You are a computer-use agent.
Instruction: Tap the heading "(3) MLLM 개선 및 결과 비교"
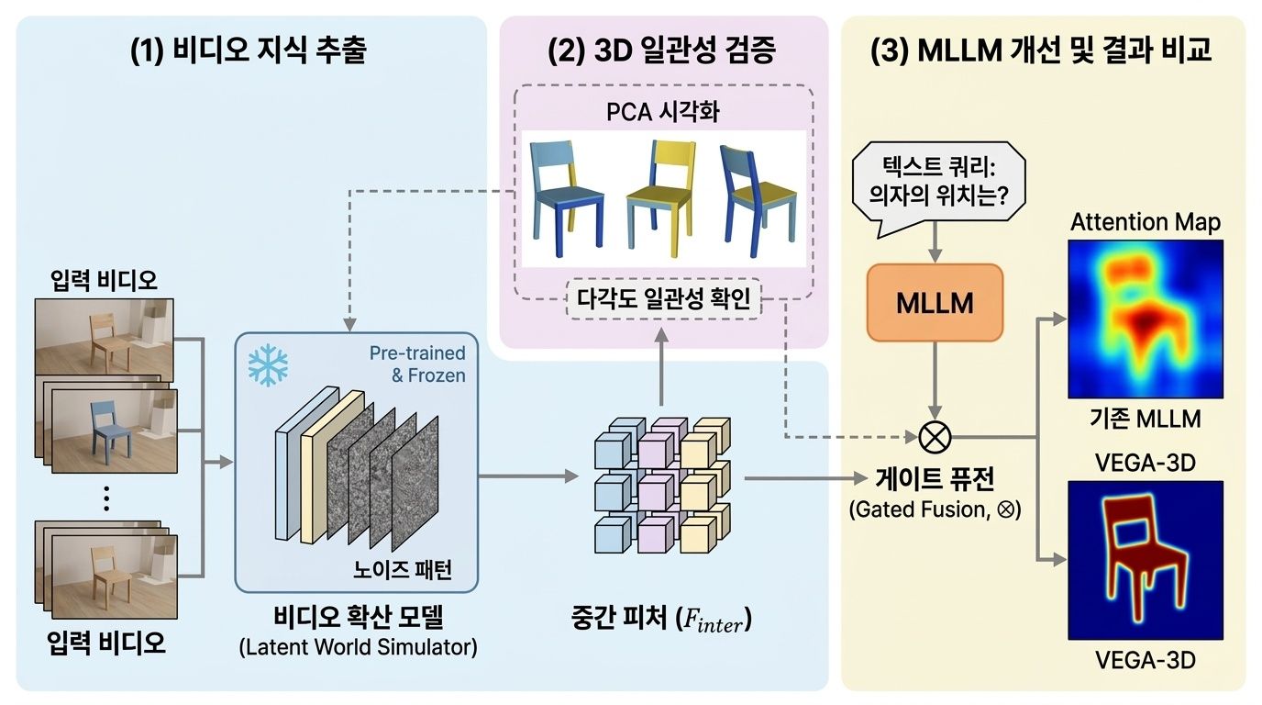tap(1041, 51)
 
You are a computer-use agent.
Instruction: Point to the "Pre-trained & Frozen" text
tap(416, 364)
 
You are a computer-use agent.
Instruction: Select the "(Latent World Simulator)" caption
tap(358, 647)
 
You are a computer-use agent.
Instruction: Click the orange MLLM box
tap(934, 302)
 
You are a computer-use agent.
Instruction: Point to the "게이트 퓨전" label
tap(935, 479)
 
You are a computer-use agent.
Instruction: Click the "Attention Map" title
tap(1145, 222)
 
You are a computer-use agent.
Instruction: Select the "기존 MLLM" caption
tap(1145, 420)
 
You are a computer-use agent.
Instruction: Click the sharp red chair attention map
tap(1145, 559)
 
